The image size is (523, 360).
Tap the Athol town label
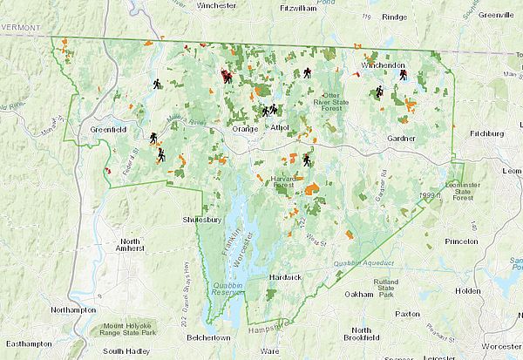(x=279, y=127)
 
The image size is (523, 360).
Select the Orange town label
(x=246, y=128)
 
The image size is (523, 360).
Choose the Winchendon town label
(x=384, y=65)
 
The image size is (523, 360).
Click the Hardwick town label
(x=284, y=276)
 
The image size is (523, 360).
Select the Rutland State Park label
(x=387, y=288)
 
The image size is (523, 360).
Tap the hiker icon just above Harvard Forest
(x=307, y=160)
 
